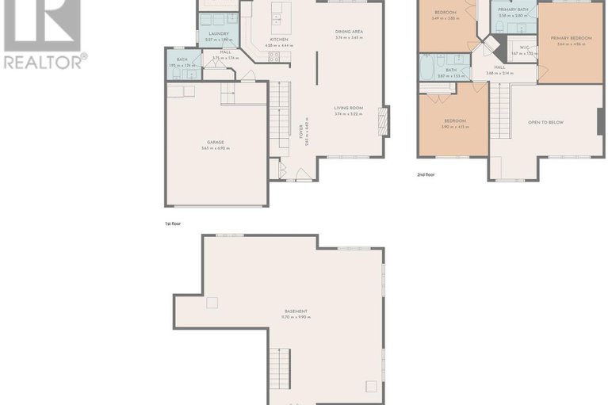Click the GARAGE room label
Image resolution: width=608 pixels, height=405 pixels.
[x=216, y=143]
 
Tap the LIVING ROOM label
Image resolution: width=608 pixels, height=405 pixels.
[x=348, y=108]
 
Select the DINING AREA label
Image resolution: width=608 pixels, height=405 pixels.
[x=348, y=31]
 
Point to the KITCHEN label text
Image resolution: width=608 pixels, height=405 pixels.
[x=278, y=40]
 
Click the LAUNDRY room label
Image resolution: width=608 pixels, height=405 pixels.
[x=218, y=33]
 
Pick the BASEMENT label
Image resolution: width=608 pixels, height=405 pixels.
[x=296, y=311]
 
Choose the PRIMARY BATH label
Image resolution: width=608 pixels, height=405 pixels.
[x=513, y=9]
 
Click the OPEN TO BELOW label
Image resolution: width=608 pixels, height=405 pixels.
[x=546, y=123]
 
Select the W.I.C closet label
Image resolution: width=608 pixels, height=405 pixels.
[x=524, y=48]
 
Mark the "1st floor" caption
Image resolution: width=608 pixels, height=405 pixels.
[x=173, y=224]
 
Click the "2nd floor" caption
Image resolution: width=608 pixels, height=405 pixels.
[x=426, y=174]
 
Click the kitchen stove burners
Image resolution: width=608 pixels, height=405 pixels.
[x=273, y=56]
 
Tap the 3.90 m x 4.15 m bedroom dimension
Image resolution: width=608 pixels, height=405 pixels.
[x=455, y=127]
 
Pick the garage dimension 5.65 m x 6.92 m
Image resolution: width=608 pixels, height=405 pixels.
[x=216, y=148]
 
